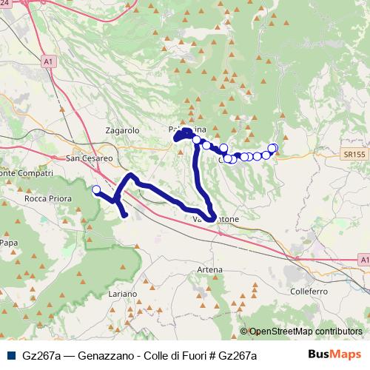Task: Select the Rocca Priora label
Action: pyautogui.click(x=47, y=199)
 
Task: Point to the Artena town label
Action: pyautogui.click(x=209, y=270)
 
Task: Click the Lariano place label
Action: pyautogui.click(x=122, y=294)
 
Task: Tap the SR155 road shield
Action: pyautogui.click(x=354, y=153)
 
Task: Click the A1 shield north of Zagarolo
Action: pyautogui.click(x=48, y=62)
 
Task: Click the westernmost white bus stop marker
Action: pyautogui.click(x=95, y=189)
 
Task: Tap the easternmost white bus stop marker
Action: pyautogui.click(x=273, y=148)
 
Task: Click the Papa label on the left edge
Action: pyautogui.click(x=9, y=242)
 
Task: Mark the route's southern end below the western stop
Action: pyautogui.click(x=124, y=215)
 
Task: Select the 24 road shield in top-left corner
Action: pyautogui.click(x=6, y=4)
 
